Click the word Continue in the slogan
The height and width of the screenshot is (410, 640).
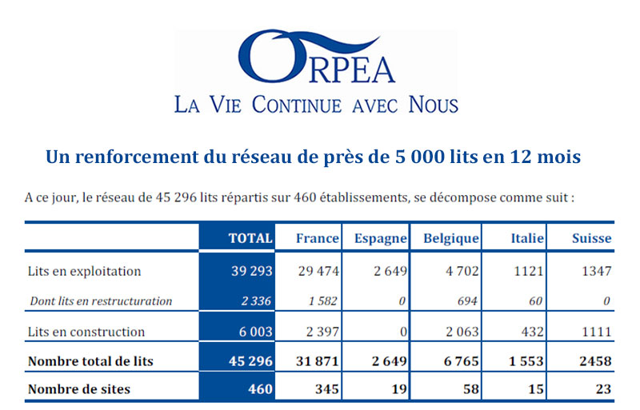pos(297,105)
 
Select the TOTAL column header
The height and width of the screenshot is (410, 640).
pos(250,238)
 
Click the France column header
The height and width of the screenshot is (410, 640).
pos(317,238)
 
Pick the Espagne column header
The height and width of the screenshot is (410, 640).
pos(381,238)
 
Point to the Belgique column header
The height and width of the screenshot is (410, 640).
pos(451,238)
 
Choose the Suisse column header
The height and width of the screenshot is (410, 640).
pos(591,238)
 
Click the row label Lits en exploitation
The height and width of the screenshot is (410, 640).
pos(84,271)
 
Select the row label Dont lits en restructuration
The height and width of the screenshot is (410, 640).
pos(101,301)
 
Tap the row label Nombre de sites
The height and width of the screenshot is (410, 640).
pos(79,389)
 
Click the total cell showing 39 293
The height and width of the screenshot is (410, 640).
pos(251,271)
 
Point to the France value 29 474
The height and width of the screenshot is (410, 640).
pos(318,271)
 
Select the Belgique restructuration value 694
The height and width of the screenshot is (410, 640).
pos(467,301)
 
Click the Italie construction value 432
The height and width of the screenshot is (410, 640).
pos(532,332)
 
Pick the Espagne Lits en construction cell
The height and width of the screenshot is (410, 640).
pos(403,332)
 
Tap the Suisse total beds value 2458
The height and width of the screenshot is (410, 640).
pos(595,361)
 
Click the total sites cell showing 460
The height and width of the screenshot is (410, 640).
pos(260,389)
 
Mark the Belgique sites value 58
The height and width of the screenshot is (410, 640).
pos(470,389)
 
